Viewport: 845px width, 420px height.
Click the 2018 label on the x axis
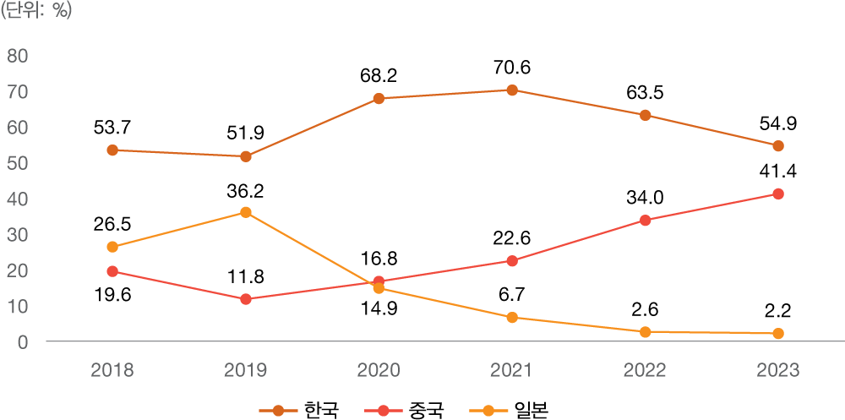[x=112, y=370]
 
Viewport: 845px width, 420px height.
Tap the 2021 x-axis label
[x=512, y=370]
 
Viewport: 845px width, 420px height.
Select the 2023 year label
[x=778, y=370]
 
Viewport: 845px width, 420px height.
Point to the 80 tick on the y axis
[x=18, y=56]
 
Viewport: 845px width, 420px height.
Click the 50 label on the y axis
[x=18, y=163]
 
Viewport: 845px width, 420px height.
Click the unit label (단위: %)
[x=36, y=12]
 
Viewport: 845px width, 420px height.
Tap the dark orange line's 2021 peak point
[x=512, y=90]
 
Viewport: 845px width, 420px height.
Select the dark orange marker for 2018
[x=112, y=150]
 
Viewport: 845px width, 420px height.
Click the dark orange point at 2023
[x=778, y=145]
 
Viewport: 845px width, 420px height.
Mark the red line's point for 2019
[x=246, y=299]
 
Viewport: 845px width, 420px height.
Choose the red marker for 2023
[x=778, y=194]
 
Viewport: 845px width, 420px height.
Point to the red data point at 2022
[x=646, y=220]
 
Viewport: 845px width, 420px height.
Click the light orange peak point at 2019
[x=246, y=212]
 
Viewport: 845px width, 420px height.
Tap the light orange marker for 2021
[x=512, y=317]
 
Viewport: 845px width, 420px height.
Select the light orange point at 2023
[x=778, y=333]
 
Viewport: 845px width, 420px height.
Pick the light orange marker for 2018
[x=112, y=247]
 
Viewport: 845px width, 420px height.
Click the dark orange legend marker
[x=279, y=411]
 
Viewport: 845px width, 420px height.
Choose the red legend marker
[x=384, y=411]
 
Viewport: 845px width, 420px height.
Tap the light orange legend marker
[x=488, y=411]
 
